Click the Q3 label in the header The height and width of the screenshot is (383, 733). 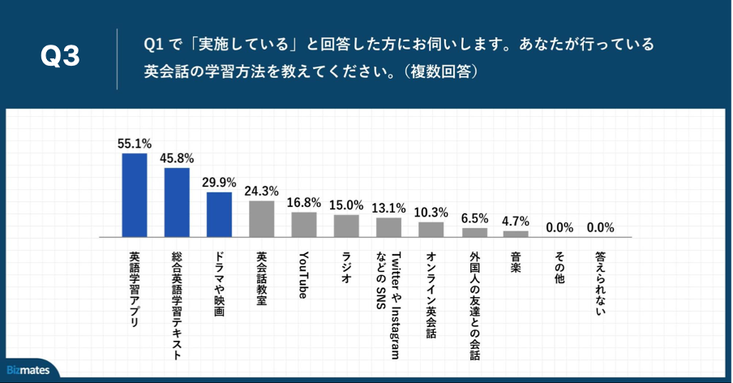click(60, 56)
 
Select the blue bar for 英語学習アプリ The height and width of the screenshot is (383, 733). click(135, 195)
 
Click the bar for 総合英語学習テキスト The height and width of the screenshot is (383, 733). click(177, 202)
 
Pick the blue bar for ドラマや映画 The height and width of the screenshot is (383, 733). click(219, 214)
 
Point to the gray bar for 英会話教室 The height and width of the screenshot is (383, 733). click(261, 218)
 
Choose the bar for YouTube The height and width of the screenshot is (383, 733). click(304, 224)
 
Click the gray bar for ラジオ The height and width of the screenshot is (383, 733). click(346, 226)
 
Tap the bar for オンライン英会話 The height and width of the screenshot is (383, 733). click(431, 229)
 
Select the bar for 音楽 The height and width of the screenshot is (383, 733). click(516, 234)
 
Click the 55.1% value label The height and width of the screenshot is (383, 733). click(135, 144)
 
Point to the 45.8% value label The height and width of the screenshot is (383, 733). click(177, 158)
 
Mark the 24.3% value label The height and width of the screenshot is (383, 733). click(261, 191)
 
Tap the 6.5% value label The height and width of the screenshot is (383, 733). click(474, 218)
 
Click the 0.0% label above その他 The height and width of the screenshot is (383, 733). click(559, 227)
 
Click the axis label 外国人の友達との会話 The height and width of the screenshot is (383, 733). click(474, 303)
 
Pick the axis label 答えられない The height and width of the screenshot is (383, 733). click(600, 281)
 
